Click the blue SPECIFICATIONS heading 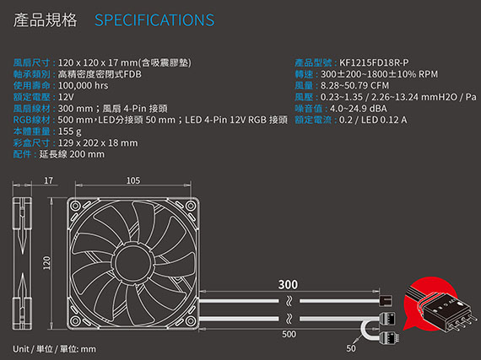pyautogui.click(x=154, y=20)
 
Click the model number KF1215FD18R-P pyautogui.click(x=374, y=62)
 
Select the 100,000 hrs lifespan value pyautogui.click(x=83, y=85)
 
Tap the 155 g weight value pyautogui.click(x=70, y=132)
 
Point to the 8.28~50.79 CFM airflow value pyautogui.click(x=354, y=85)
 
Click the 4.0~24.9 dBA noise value pyautogui.click(x=359, y=109)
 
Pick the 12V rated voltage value pyautogui.click(x=66, y=97)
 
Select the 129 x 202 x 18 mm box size pyautogui.click(x=98, y=143)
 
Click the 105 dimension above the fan pyautogui.click(x=133, y=180)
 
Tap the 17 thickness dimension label pyautogui.click(x=48, y=180)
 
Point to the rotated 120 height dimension pyautogui.click(x=46, y=263)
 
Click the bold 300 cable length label pyautogui.click(x=288, y=285)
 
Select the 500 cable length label pyautogui.click(x=289, y=334)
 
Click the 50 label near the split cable pyautogui.click(x=351, y=348)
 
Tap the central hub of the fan pyautogui.click(x=133, y=263)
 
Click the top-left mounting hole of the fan pyautogui.click(x=75, y=206)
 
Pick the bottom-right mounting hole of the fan pyautogui.click(x=191, y=320)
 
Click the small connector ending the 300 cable pyautogui.click(x=386, y=300)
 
